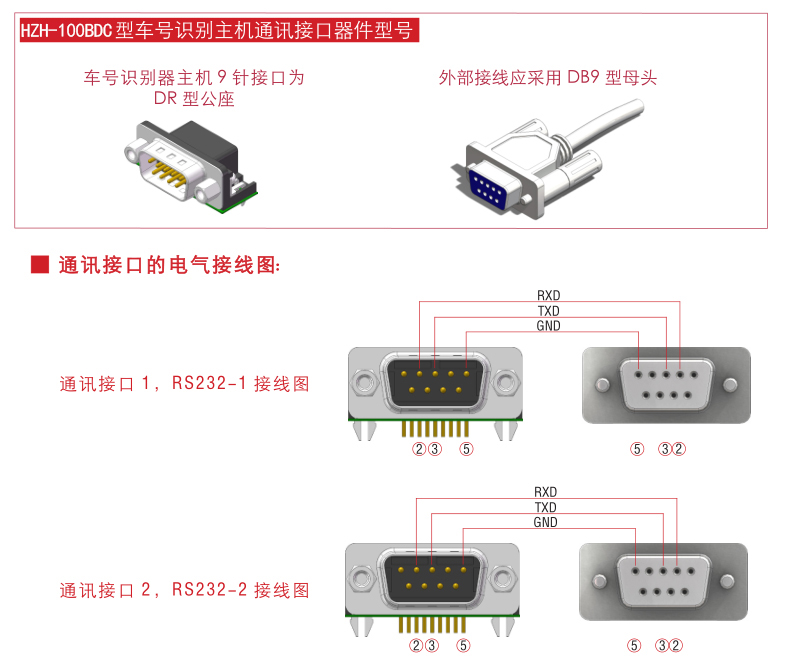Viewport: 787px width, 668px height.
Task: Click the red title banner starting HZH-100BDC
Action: [219, 30]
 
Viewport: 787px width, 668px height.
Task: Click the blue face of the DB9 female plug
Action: [488, 188]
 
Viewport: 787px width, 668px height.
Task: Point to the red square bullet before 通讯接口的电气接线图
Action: [40, 264]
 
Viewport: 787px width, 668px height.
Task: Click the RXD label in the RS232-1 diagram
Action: [549, 295]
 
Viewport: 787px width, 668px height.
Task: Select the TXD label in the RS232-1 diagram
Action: [549, 311]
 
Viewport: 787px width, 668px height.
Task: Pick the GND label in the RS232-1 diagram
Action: [549, 326]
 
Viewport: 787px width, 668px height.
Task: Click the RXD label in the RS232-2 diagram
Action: [546, 492]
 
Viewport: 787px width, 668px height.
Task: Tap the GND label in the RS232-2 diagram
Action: [546, 522]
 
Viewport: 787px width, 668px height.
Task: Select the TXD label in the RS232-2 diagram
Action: [546, 507]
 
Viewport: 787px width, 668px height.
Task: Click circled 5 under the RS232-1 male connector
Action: [466, 449]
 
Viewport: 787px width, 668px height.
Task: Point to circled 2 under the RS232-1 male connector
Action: [419, 449]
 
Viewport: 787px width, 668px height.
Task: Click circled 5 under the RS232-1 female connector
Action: [637, 449]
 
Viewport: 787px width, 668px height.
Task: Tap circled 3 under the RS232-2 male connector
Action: [432, 645]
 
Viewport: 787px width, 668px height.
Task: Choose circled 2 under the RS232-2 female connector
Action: [676, 645]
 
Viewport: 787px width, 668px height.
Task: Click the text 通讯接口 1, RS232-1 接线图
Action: [184, 384]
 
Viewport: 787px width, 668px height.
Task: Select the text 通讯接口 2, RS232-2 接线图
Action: [184, 590]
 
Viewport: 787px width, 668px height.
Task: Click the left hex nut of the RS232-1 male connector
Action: [363, 382]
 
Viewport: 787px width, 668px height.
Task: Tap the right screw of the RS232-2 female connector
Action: [727, 581]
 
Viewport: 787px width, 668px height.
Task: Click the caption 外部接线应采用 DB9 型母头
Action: [548, 78]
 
